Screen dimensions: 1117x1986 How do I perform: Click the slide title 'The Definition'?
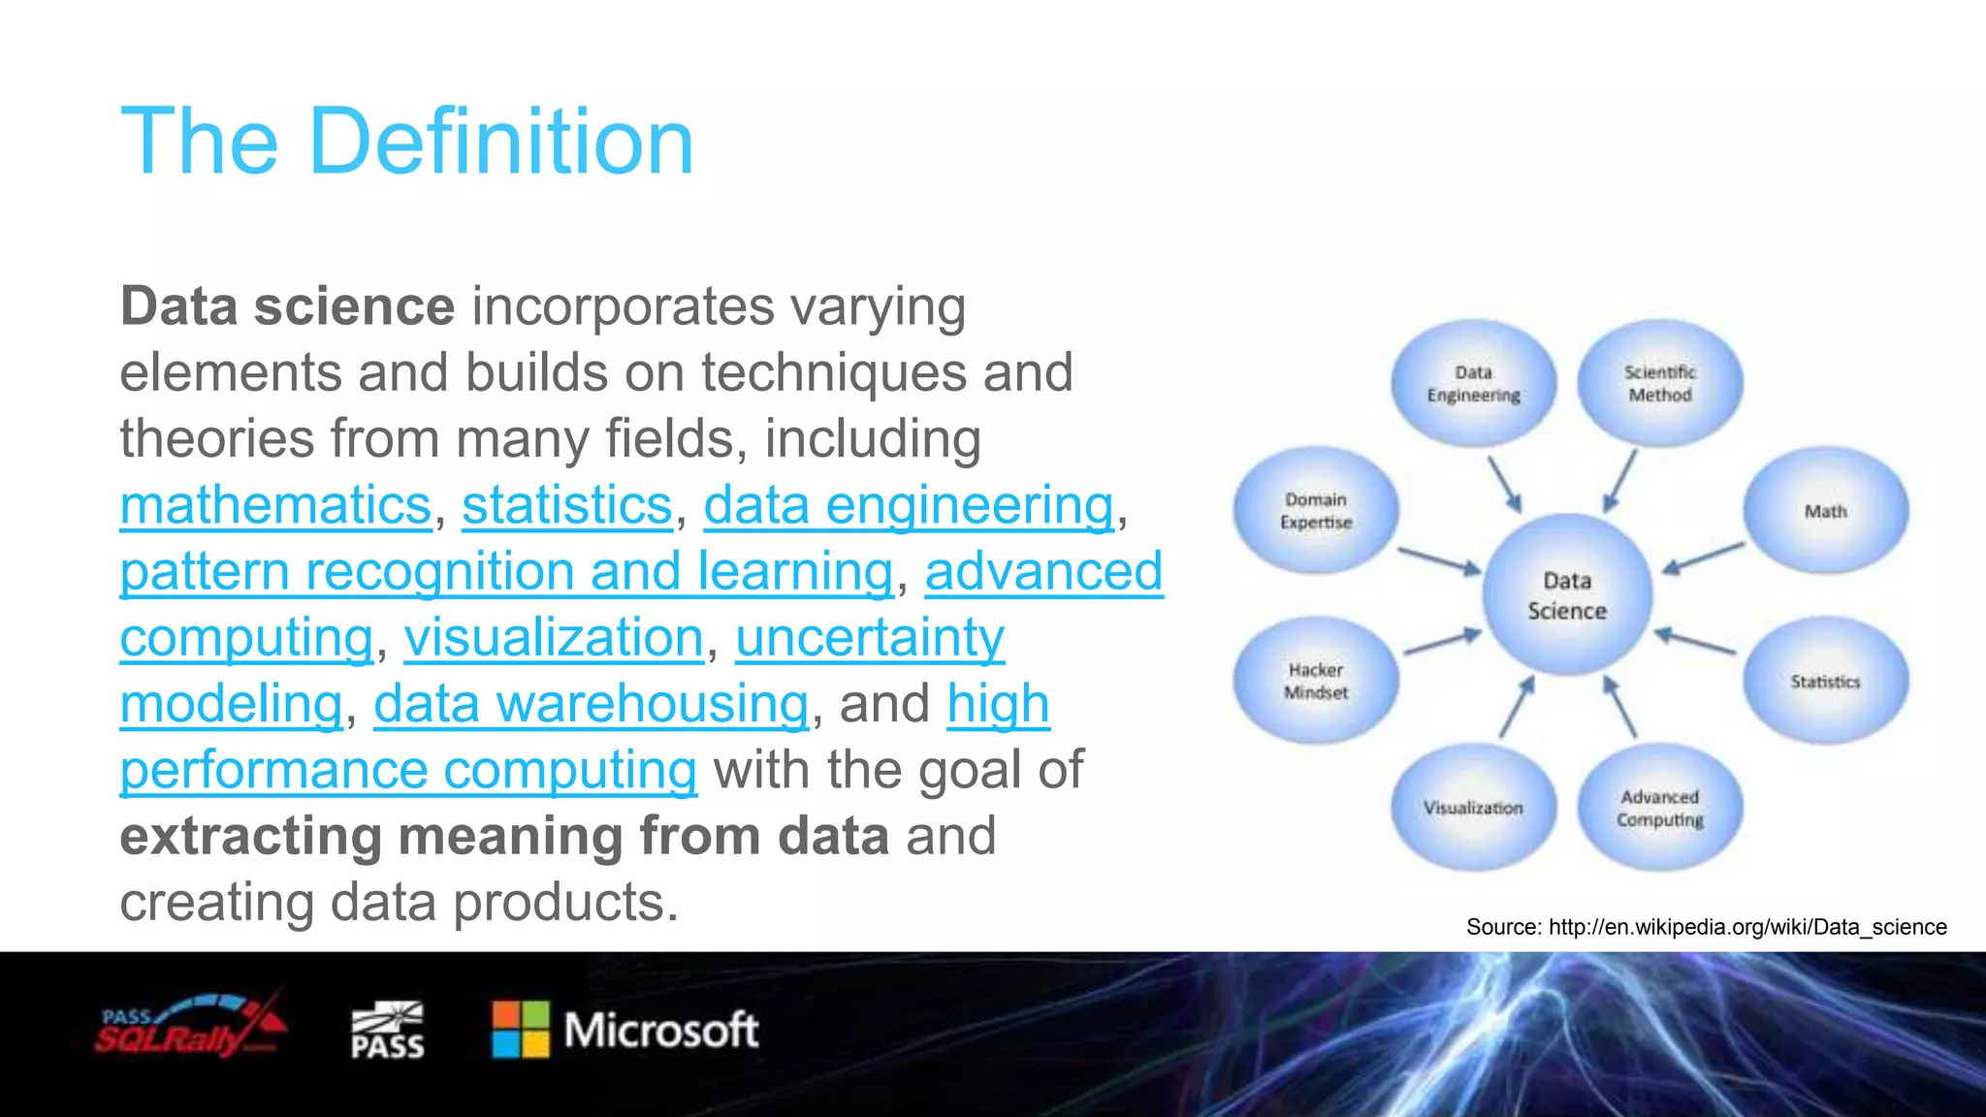coord(407,142)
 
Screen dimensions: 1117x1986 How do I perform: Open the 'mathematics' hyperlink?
coord(275,505)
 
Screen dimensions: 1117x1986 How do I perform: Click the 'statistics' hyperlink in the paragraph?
coord(567,505)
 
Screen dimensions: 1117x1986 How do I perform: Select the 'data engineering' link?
coord(909,505)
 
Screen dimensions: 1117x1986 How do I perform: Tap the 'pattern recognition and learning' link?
coord(506,571)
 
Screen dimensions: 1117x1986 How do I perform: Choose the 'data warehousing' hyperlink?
coord(591,704)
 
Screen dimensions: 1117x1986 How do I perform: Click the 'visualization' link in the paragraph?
coord(554,638)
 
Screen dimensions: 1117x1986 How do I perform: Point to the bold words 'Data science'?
coord(287,306)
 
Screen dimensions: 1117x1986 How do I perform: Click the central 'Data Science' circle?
coord(1567,595)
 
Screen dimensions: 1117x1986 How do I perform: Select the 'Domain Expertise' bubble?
coord(1316,510)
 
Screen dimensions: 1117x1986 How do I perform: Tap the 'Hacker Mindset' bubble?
coord(1316,681)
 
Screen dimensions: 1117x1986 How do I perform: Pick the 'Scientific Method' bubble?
coord(1659,384)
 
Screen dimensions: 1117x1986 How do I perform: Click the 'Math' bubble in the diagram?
coord(1825,511)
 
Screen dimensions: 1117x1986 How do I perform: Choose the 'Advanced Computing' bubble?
coord(1659,808)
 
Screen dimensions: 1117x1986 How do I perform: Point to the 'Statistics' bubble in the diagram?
coord(1825,682)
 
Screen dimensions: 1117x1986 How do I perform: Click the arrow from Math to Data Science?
coord(1703,558)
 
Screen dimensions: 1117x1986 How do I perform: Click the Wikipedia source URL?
coord(1746,927)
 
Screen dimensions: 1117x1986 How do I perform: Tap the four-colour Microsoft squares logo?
coord(521,1030)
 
